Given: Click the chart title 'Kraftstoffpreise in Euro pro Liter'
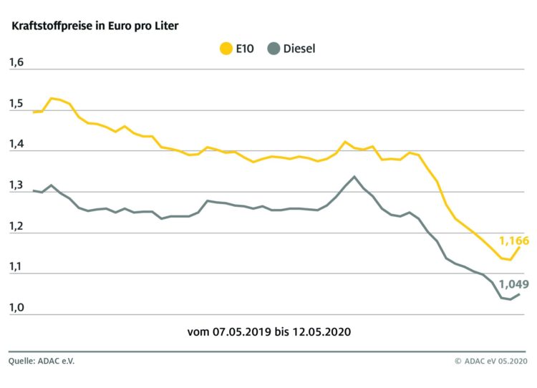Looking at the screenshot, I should pos(93,26).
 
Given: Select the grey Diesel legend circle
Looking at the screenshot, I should pos(272,49).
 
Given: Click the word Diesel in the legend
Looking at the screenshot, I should pos(299,49).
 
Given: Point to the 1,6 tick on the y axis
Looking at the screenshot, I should pos(16,64).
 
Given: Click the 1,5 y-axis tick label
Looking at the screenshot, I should pos(16,105).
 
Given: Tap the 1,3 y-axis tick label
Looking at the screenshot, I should pos(16,186).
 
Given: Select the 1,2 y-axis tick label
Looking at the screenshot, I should pos(16,227).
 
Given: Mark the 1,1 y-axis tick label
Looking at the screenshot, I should pos(16,268).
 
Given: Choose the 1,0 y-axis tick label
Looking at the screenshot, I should pos(16,309).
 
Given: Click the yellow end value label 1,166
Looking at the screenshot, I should pos(514,241).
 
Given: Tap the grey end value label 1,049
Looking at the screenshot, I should pos(514,284).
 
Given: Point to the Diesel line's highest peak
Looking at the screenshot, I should pos(354,176).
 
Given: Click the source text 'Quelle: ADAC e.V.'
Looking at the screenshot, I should pos(41,361).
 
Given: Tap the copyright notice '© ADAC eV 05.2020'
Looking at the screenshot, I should pos(490,361).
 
